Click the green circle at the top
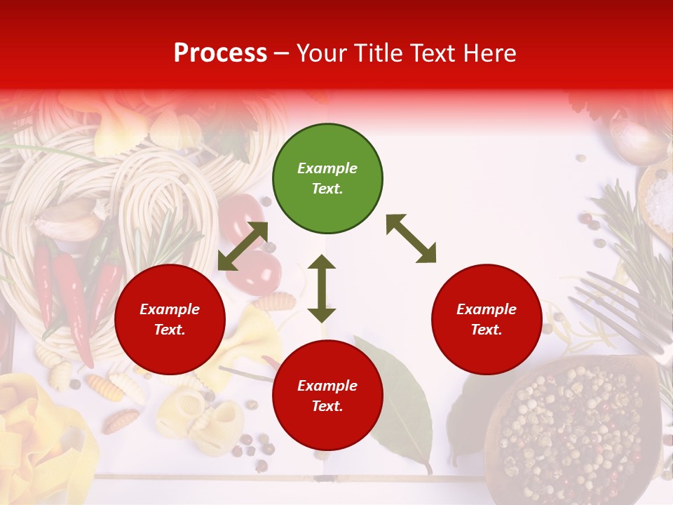coord(327,178)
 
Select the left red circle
coord(170,319)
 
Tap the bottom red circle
coord(327,396)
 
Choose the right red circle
coord(487,319)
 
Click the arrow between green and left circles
coord(243,246)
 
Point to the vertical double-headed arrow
coord(322,288)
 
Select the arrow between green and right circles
coord(412,238)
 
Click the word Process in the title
coord(220,53)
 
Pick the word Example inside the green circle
coord(327,168)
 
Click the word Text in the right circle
coord(486,330)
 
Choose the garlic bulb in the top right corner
coord(638,140)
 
